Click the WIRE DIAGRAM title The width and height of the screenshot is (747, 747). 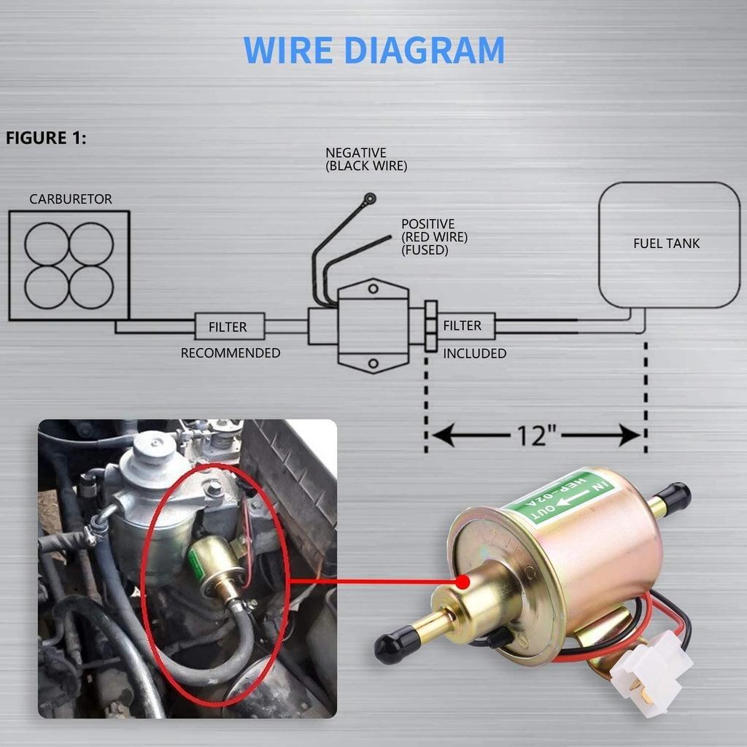click(373, 50)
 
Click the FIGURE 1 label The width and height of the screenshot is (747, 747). click(46, 138)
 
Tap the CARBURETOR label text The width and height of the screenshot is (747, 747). click(71, 199)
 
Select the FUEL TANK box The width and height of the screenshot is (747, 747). click(669, 244)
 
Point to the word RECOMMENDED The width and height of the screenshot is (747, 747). click(231, 353)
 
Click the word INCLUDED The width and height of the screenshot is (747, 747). click(474, 354)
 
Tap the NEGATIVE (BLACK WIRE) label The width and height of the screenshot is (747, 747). click(366, 159)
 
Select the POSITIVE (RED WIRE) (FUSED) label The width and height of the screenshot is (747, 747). click(435, 236)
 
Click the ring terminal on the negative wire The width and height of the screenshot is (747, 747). click(371, 198)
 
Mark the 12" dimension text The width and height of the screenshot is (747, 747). click(537, 436)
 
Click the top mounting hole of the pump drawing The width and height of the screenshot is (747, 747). click(373, 290)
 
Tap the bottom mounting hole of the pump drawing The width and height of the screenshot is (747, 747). click(373, 363)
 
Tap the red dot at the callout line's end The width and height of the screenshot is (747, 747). click(462, 582)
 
